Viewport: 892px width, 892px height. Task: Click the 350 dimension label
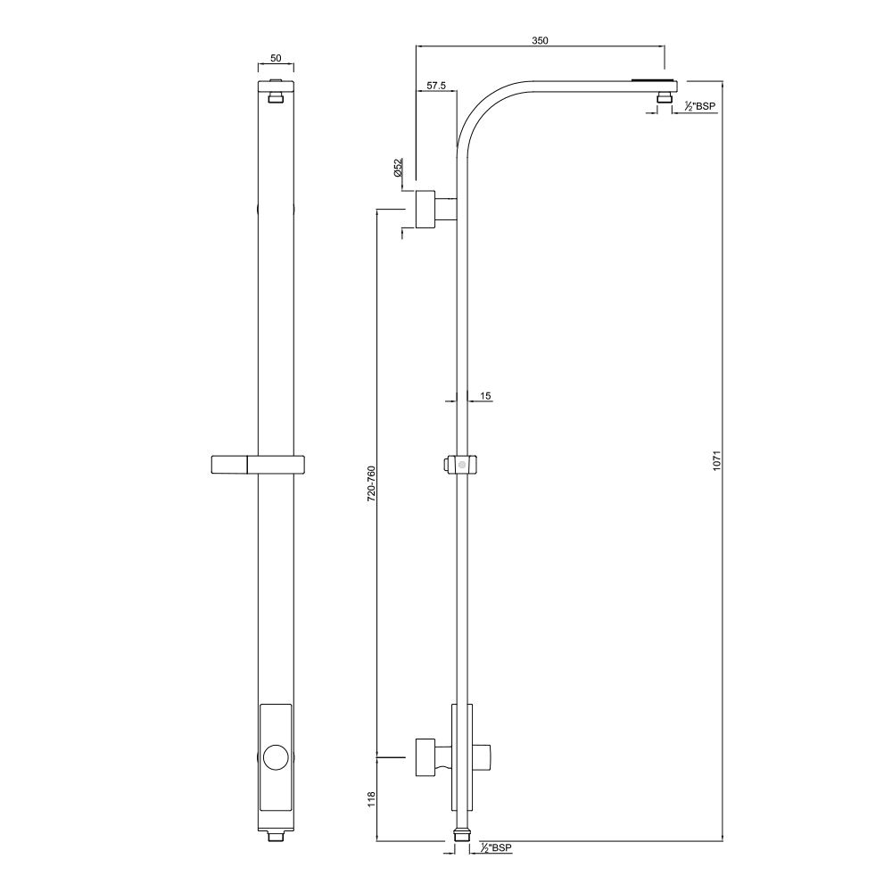(540, 40)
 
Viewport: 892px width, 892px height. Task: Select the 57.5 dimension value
(436, 86)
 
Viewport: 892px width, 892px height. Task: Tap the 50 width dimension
(276, 58)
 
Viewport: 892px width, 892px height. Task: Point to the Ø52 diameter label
(398, 168)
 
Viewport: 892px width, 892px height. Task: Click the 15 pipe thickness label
(485, 395)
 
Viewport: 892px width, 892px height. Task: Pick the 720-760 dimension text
(371, 483)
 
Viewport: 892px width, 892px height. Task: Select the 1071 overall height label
(717, 459)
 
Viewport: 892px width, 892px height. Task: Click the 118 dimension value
(371, 799)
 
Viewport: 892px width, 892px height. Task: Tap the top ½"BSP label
(699, 106)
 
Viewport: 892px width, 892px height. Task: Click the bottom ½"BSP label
(496, 847)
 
